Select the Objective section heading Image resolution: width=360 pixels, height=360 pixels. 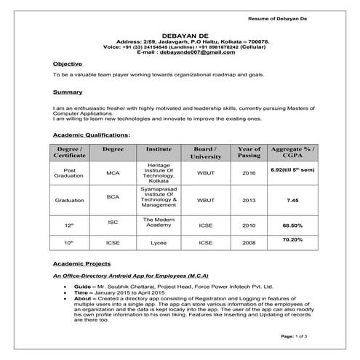coord(68,64)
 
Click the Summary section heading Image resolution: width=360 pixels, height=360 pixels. coord(67,92)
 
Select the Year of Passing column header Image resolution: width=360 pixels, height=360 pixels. coord(249,152)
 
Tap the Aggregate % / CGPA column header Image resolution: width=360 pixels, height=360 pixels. coord(292,152)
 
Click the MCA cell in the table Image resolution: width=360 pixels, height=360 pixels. coord(113,174)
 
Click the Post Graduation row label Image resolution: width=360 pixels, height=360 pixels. coord(68,174)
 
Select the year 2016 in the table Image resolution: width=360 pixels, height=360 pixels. coord(249,174)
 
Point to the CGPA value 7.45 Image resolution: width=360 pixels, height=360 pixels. coord(292,199)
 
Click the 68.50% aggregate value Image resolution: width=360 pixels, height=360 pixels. coord(292,225)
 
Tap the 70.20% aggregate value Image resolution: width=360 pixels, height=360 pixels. coord(292,239)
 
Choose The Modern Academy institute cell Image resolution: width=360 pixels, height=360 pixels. coord(159,222)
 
